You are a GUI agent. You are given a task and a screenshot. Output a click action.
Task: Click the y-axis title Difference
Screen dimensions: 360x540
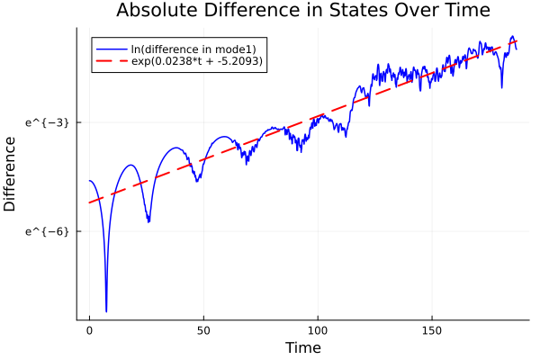click(x=11, y=174)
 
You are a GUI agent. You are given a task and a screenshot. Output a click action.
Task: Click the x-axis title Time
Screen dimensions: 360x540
click(x=302, y=347)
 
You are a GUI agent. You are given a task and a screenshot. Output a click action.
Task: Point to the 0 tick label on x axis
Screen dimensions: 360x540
click(x=89, y=330)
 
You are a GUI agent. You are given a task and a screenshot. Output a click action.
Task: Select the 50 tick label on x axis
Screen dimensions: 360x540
click(x=203, y=330)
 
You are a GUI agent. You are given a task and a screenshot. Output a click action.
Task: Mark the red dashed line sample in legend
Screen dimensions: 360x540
click(x=112, y=61)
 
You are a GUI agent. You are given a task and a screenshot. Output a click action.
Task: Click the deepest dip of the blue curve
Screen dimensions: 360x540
click(x=106, y=311)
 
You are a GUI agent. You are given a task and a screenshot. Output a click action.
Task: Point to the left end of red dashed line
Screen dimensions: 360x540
click(x=89, y=202)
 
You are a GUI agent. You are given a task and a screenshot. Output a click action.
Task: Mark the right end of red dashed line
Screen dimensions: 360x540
click(x=517, y=41)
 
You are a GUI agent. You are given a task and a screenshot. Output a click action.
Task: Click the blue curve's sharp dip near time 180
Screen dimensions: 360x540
click(x=501, y=87)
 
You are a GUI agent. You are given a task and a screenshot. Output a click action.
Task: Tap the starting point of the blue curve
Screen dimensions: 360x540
click(x=89, y=181)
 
